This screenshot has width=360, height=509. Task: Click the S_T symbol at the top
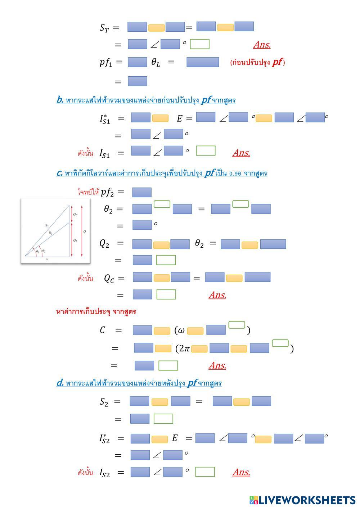pos(104,28)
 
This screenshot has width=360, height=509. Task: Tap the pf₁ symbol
pos(106,62)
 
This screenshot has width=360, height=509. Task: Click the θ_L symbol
pos(156,62)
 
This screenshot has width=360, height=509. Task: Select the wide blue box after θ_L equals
pos(202,62)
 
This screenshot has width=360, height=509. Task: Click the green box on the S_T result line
pos(199,44)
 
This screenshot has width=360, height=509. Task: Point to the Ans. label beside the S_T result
pos(262,45)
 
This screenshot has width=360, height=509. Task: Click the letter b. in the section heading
pos(60,100)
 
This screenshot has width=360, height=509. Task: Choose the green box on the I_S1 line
pos(206,151)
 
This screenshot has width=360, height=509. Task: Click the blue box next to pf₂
pos(142,192)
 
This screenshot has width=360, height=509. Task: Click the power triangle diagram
pos(55,231)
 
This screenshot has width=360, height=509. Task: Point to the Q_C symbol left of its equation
pos(109,278)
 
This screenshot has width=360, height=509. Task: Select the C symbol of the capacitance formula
pos(103,330)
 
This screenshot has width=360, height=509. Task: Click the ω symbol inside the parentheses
pos(181,330)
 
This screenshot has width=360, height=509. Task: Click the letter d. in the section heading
pos(60,383)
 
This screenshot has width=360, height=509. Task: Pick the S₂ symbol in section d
pos(104,402)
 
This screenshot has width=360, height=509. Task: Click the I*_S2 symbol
pos(104,438)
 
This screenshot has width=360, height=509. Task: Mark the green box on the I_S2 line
pos(205,472)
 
